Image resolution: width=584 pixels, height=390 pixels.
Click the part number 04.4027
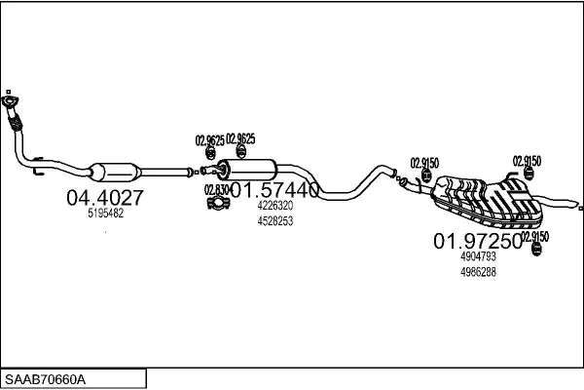tap(105, 198)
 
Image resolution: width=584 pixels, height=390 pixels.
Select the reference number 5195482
tap(105, 214)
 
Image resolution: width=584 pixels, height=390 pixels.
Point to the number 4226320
tap(275, 207)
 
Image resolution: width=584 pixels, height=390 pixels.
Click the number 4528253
tap(275, 221)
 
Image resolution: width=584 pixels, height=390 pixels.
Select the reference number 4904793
tap(478, 256)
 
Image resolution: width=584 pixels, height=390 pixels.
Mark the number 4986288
tap(478, 272)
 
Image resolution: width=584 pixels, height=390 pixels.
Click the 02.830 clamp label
tap(216, 189)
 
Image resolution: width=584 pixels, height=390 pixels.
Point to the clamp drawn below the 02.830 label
tap(219, 204)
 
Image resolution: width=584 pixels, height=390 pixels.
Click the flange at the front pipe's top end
tap(11, 100)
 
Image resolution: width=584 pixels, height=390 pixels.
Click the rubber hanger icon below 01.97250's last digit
tap(534, 253)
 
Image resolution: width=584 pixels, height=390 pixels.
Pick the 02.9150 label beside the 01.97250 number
tap(535, 236)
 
